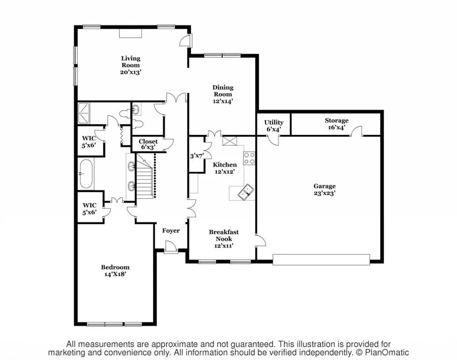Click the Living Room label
(131, 66)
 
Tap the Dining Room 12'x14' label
(223, 94)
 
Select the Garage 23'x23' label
(325, 189)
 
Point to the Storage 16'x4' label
(337, 124)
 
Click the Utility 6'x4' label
(274, 126)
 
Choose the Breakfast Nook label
(224, 238)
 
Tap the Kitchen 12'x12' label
(225, 168)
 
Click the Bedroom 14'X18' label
(115, 270)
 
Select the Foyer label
(171, 231)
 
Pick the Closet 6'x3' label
(148, 144)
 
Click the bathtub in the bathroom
(87, 173)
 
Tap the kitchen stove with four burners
(249, 158)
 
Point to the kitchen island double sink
(245, 192)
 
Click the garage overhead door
(321, 260)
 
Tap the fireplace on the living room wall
(130, 33)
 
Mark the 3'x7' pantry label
(196, 156)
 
